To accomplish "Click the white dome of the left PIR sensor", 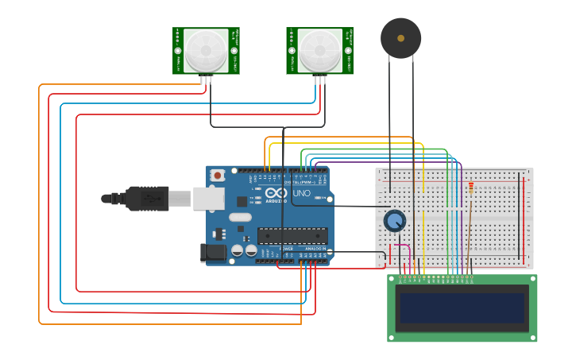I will (x=206, y=50).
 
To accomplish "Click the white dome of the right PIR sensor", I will (x=319, y=50).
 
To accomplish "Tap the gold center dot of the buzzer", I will (x=401, y=37).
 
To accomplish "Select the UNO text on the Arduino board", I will (x=302, y=193).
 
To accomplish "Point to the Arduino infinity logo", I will (x=276, y=192).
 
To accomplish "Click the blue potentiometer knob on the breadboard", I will (x=394, y=220).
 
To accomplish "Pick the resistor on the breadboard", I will (x=470, y=188).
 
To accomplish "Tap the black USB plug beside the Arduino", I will (x=147, y=199).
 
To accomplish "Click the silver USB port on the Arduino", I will (x=208, y=198).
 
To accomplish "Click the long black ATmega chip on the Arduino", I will (x=292, y=235).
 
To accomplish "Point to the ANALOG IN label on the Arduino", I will (x=315, y=249).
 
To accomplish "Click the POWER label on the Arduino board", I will (x=286, y=249).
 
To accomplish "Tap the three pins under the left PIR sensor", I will (x=207, y=79).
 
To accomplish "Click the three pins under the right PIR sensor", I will (x=319, y=79).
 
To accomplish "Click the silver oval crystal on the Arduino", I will (x=240, y=217).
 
